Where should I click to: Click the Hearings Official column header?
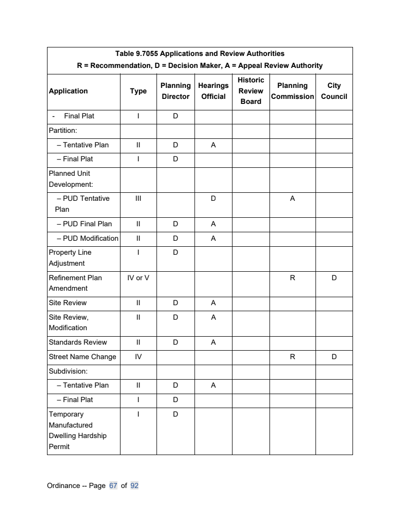tap(213, 91)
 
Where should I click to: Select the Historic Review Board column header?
tap(250, 91)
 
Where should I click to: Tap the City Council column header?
tap(333, 91)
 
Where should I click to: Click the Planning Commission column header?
tap(292, 91)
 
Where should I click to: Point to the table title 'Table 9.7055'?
tap(199, 53)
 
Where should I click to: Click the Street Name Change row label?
tap(82, 357)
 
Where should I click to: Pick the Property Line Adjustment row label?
tap(70, 258)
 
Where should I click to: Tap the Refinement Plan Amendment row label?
tap(75, 283)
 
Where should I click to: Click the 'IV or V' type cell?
tap(138, 278)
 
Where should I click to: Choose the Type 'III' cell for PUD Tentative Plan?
tap(138, 198)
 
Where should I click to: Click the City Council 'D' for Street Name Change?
tap(333, 357)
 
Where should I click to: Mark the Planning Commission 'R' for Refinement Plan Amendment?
tap(292, 278)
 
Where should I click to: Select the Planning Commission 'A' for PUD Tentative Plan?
tap(292, 198)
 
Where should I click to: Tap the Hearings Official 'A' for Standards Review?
tap(213, 342)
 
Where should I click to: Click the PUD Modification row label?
tap(87, 238)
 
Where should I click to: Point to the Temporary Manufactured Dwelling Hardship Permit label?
tap(77, 430)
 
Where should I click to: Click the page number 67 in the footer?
tap(113, 486)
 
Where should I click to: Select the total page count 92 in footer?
tap(134, 486)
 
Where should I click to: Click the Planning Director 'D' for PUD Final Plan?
tap(175, 224)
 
